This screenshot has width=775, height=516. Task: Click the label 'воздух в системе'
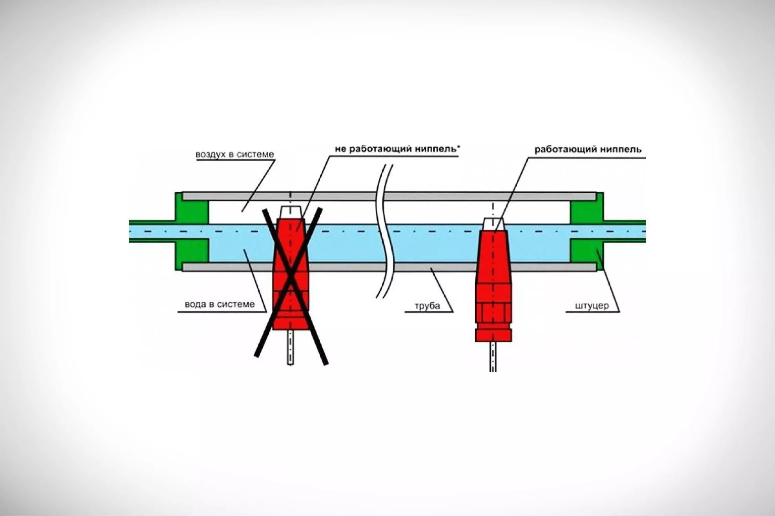235,154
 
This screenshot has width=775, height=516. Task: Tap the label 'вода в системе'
220,304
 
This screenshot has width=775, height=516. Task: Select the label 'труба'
427,306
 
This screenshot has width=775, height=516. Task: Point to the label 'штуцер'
592,305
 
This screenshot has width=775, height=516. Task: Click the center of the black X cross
291,284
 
